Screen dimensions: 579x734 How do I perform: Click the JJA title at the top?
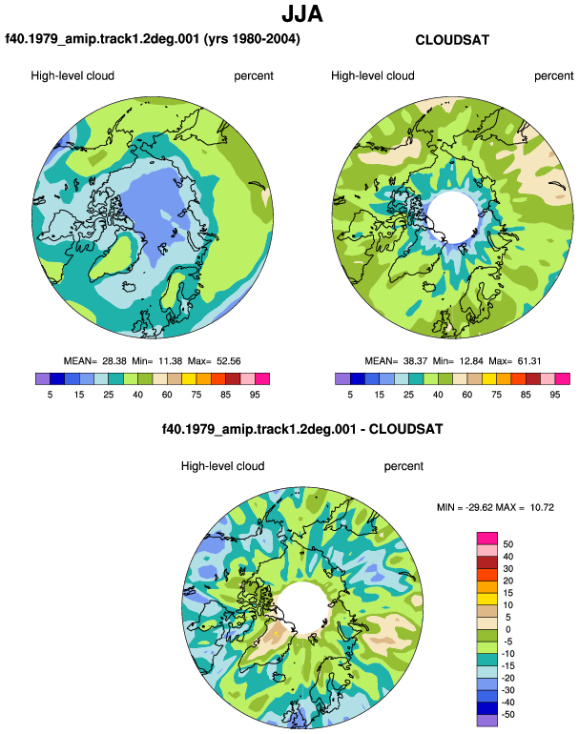point(302,14)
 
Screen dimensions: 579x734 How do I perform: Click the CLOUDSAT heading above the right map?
point(452,40)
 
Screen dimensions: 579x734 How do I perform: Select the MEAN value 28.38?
point(114,361)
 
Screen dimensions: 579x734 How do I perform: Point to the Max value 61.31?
point(528,361)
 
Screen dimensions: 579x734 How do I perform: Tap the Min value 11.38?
point(170,361)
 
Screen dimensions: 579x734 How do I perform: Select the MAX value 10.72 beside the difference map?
point(542,507)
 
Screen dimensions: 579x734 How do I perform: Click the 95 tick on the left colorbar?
point(255,395)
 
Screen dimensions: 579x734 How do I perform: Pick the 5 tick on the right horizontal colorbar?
point(350,395)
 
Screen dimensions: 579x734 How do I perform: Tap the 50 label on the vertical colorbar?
point(507,544)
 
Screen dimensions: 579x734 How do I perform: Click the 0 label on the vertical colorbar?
point(507,629)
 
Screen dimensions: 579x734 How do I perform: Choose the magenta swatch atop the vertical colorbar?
point(487,538)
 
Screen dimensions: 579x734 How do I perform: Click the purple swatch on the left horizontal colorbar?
point(43,378)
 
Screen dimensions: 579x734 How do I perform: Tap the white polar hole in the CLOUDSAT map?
point(453,216)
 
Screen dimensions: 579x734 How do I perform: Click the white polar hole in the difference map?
point(303,607)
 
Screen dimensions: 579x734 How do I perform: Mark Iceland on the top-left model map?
point(130,286)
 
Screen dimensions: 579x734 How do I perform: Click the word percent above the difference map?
point(403,466)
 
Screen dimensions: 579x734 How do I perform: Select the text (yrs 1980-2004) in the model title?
point(252,39)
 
